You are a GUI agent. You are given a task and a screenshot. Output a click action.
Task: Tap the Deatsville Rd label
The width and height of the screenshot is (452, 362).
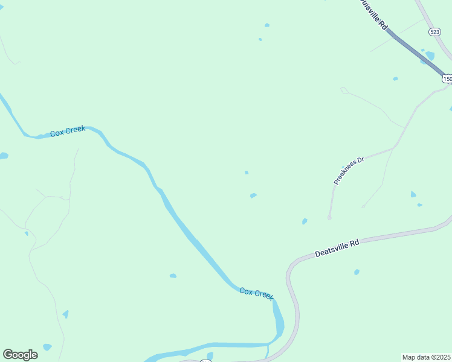337,248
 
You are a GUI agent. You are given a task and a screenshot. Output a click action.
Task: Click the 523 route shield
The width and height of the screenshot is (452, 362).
434,31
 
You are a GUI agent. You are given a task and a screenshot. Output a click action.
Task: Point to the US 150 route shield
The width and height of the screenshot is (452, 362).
447,78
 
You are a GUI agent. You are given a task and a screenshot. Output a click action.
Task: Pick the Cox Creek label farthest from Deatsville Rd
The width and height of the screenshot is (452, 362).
67,132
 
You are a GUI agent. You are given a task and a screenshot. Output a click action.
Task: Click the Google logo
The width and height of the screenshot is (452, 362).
20,354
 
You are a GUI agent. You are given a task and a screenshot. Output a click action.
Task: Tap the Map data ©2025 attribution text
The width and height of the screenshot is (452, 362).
426,357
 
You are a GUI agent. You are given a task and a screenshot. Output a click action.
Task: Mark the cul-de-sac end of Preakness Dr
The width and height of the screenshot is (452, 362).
329,217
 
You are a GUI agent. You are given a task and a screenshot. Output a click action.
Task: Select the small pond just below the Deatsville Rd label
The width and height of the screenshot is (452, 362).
357,272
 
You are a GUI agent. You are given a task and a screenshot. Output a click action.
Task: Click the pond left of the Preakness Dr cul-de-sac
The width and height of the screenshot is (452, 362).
305,221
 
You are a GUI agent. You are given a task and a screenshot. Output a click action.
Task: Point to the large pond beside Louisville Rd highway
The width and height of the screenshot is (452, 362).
430,56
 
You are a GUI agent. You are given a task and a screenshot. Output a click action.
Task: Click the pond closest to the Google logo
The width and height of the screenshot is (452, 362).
47,347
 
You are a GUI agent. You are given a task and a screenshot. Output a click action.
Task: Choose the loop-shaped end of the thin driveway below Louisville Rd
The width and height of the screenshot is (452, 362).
344,91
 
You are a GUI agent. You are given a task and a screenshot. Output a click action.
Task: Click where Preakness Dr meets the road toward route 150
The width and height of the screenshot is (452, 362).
394,147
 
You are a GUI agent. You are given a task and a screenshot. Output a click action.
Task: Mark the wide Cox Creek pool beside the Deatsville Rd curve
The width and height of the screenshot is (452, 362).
278,320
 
